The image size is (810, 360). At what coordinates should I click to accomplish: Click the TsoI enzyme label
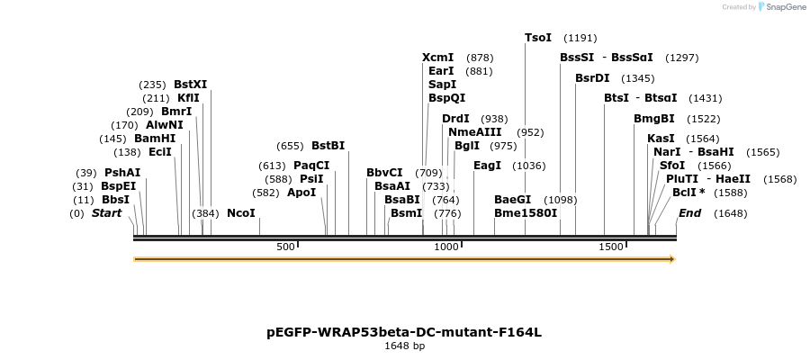[538, 38]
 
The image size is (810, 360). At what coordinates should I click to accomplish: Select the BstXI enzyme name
[190, 85]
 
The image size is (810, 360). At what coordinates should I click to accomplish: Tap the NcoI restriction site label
[241, 213]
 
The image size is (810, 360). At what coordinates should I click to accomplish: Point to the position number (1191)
[580, 38]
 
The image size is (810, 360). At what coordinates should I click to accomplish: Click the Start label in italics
[106, 213]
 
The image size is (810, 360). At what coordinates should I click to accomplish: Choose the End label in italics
[689, 213]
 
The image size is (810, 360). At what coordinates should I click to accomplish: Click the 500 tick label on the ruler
[285, 247]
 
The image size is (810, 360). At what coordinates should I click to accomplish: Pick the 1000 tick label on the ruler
[446, 247]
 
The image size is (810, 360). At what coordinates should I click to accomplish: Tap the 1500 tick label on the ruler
[611, 247]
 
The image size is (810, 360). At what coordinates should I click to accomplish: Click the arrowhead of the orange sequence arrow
[670, 259]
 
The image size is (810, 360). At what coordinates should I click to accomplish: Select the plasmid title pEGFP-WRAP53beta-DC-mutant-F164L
[404, 332]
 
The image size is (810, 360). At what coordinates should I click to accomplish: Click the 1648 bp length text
[404, 346]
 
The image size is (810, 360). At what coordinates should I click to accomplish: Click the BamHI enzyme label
[155, 139]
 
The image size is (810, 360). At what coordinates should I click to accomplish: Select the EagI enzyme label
[487, 166]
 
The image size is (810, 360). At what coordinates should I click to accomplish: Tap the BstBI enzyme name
[328, 145]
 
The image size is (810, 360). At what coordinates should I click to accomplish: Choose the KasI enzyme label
[661, 139]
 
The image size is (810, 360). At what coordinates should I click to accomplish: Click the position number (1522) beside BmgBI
[703, 119]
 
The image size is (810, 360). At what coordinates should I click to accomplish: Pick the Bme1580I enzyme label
[526, 213]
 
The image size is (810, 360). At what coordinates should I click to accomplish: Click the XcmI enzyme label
[437, 58]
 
